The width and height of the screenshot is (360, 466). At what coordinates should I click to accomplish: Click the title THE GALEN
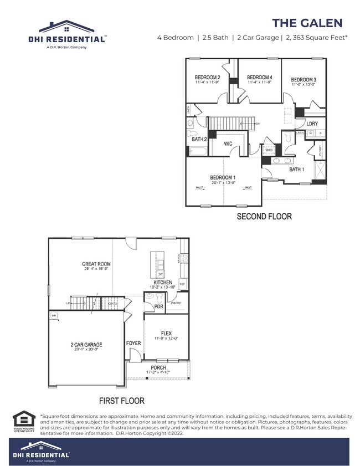click(x=307, y=23)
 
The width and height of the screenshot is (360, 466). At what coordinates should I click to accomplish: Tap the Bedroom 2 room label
click(x=208, y=78)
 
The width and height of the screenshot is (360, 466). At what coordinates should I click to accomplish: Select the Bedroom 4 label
click(x=259, y=78)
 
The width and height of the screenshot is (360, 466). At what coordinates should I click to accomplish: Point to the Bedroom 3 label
click(x=304, y=80)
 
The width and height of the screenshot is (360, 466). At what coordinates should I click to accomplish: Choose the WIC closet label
click(x=228, y=144)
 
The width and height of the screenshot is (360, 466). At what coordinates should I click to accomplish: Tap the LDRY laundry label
click(x=312, y=124)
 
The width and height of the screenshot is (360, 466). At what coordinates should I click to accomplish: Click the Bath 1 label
click(x=297, y=169)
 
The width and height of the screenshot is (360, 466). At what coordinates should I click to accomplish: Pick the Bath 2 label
click(x=199, y=140)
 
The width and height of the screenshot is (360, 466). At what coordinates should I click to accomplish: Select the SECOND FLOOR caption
click(x=264, y=217)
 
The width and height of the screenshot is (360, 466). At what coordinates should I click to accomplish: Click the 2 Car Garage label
click(x=86, y=345)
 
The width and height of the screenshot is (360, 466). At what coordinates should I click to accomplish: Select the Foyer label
click(x=133, y=344)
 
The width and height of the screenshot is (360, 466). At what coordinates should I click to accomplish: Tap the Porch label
click(x=158, y=367)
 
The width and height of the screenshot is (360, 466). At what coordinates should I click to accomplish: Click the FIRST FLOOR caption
click(x=122, y=400)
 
